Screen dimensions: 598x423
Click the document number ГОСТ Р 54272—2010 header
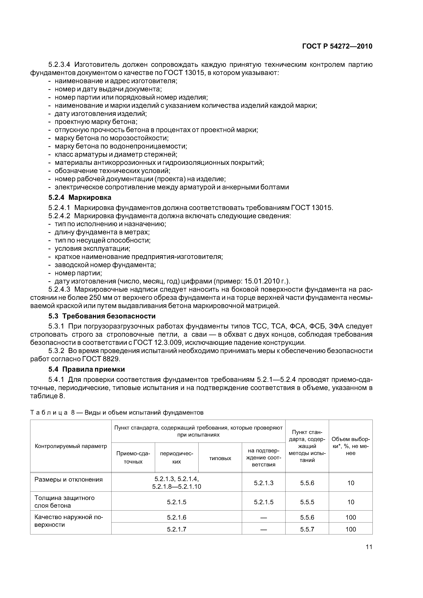coord(337,46)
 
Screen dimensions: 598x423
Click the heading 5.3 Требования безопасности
coord(102,316)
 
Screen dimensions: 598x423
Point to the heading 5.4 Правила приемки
coord(86,369)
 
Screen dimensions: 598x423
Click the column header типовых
coord(220,458)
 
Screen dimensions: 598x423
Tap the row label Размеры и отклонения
coord(69,480)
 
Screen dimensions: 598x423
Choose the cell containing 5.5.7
coord(307,529)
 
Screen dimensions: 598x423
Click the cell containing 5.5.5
coord(307,502)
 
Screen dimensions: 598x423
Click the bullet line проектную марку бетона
coord(96,122)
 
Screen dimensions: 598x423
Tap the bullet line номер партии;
coord(78,273)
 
